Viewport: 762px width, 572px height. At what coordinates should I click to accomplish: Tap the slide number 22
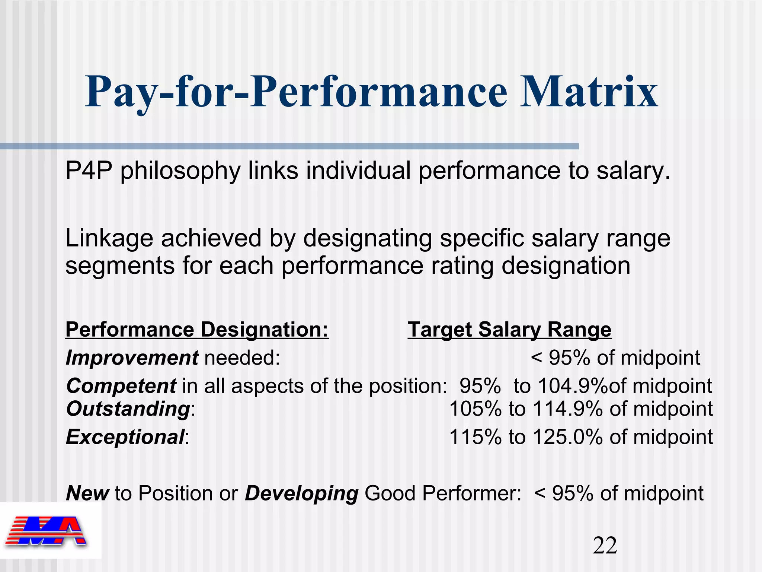point(605,546)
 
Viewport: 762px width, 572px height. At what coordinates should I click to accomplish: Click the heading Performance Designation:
point(197,330)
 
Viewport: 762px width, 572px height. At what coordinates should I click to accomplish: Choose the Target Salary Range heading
point(509,330)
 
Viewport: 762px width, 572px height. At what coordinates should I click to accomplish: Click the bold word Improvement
point(132,358)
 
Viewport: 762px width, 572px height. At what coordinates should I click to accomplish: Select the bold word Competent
point(121,386)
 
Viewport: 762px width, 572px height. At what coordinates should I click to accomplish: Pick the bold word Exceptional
point(125,437)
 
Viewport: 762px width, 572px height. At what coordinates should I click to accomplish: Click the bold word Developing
point(301,493)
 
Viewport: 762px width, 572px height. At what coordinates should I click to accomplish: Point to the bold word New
point(87,493)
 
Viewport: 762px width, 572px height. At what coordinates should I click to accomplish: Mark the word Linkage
point(109,239)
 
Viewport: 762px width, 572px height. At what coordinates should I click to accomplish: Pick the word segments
point(120,266)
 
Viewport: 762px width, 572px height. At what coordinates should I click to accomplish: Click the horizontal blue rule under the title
point(289,146)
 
